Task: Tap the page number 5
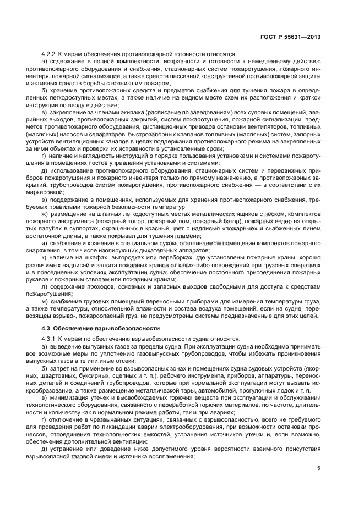tap(318, 468)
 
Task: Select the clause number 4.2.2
tap(50, 54)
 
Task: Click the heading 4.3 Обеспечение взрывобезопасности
tap(93, 328)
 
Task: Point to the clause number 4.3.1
tap(50, 338)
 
